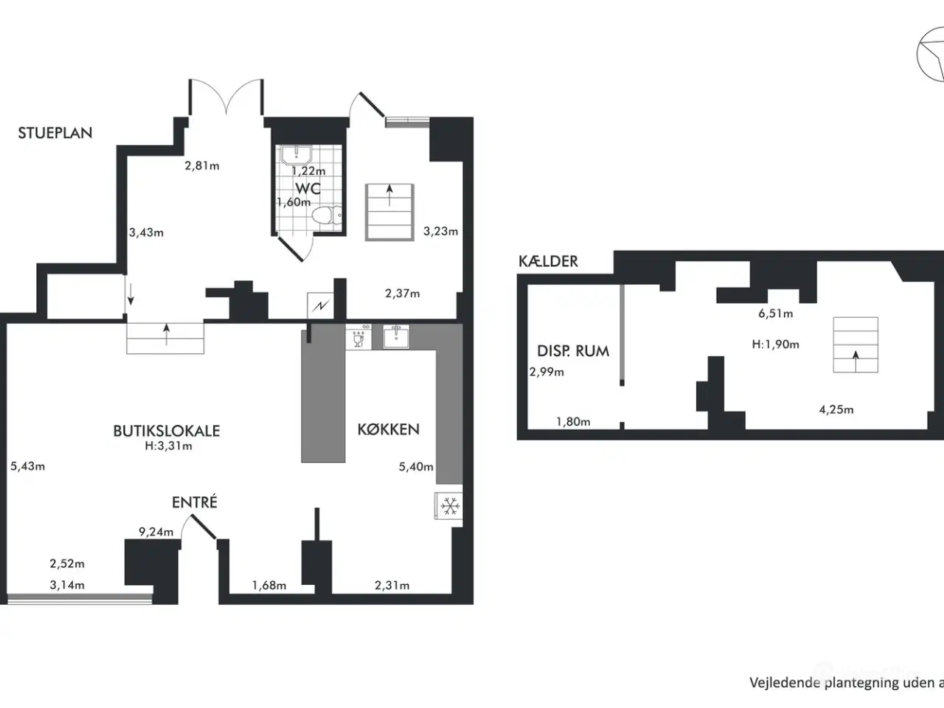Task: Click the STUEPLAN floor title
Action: point(55,133)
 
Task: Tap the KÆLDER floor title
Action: point(548,261)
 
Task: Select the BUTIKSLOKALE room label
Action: point(166,431)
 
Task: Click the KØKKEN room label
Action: point(388,429)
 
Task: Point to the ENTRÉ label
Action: point(195,502)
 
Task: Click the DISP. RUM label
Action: point(573,351)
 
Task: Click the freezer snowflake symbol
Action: point(448,506)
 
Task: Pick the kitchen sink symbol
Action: point(397,337)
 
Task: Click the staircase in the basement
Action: point(855,345)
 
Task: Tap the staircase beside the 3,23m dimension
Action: point(389,212)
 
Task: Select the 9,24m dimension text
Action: point(156,532)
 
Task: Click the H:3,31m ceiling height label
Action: point(168,445)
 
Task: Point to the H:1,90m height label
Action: point(775,344)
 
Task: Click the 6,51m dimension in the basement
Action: point(775,313)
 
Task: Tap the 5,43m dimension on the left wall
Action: point(28,466)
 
